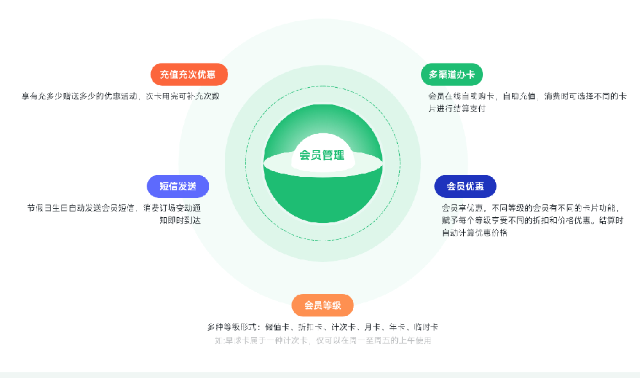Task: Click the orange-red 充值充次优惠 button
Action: pos(189,74)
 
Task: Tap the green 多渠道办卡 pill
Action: pos(452,74)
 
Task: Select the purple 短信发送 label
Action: pos(177,186)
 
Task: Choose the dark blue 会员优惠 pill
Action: pos(465,186)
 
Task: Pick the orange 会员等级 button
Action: pos(322,305)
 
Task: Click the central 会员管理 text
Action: pos(322,155)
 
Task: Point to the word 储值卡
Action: pos(277,327)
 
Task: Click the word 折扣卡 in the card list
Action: pos(309,327)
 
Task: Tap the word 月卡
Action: pos(372,327)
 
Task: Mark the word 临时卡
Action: pos(426,327)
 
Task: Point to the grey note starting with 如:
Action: pos(322,340)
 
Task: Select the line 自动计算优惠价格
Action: pos(474,233)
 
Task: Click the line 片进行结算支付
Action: pos(457,109)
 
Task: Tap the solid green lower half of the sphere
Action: pos(322,199)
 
